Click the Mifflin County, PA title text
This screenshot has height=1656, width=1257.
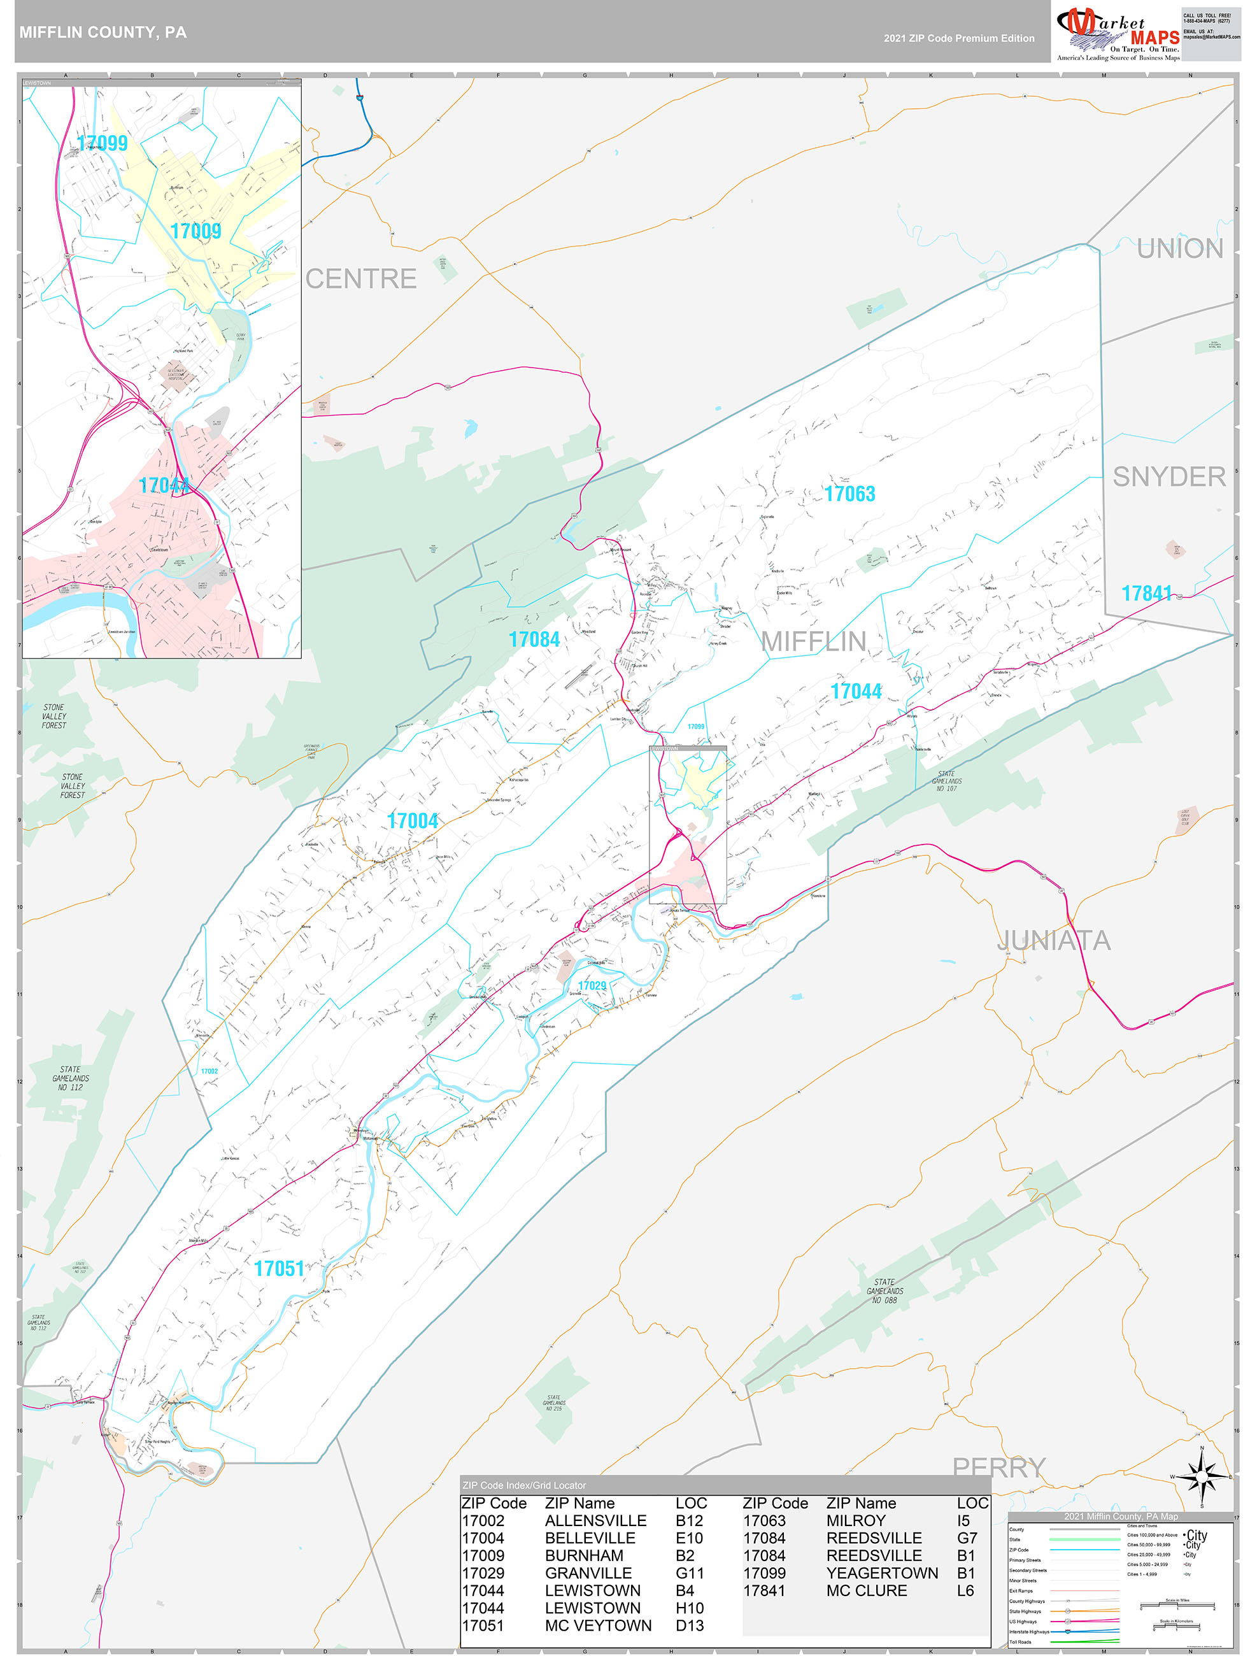coord(103,32)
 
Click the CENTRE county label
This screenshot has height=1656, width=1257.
coord(360,279)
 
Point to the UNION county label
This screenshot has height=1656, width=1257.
coord(1179,248)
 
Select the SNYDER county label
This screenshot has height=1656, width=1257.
coord(1168,477)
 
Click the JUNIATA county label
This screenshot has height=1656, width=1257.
coord(1053,940)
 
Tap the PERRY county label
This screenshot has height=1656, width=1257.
coord(998,1467)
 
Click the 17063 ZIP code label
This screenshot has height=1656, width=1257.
coord(849,494)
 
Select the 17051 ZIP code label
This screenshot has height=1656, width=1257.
coord(280,1268)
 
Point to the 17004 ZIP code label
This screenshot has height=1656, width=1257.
coord(413,821)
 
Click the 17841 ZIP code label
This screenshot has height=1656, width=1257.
coord(1146,594)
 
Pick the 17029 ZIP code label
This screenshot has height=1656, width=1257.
coord(592,986)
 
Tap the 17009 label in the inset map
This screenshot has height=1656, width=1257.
coord(195,231)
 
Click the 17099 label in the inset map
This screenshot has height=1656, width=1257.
coord(102,143)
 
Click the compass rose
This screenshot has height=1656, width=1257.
coord(1202,1477)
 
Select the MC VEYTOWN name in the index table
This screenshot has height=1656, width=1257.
coord(597,1625)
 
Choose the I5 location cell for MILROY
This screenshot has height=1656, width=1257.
coord(963,1520)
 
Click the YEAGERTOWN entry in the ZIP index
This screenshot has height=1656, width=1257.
coord(881,1573)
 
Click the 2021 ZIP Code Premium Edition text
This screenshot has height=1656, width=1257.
coord(958,38)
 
